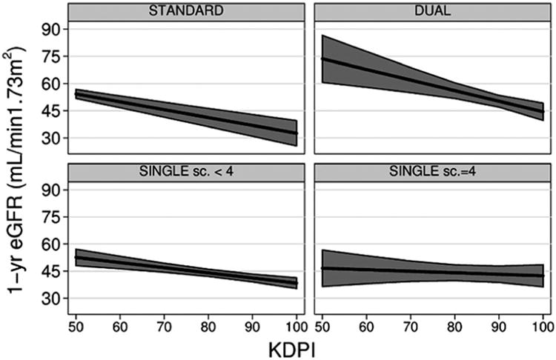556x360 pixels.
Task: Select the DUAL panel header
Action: point(432,11)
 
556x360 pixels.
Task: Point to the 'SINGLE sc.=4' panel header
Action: point(432,172)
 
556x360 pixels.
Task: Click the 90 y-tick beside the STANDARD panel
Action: point(50,30)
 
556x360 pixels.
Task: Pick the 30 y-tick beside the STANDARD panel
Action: point(50,139)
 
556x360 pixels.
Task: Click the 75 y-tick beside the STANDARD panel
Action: point(50,57)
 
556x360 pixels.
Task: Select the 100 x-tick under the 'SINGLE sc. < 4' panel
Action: point(296,324)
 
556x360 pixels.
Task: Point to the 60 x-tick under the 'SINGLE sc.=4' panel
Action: point(366,324)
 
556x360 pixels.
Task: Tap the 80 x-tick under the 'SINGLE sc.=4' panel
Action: point(454,324)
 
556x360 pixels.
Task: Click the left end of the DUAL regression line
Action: point(322,58)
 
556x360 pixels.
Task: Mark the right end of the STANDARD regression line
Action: point(297,133)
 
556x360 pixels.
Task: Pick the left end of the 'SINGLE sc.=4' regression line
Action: point(322,268)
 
